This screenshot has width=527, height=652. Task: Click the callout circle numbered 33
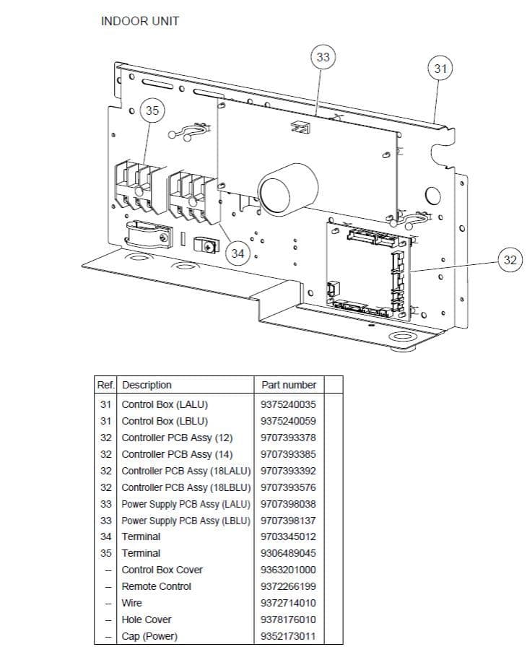point(323,57)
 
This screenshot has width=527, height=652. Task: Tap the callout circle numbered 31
point(440,69)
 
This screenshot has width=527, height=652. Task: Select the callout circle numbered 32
point(510,260)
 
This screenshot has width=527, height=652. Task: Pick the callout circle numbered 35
point(152,110)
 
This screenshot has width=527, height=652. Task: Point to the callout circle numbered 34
point(238,253)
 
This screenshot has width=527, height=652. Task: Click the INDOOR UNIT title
point(140,21)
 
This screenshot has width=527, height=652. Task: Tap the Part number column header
point(288,385)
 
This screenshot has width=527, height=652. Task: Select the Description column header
point(147,385)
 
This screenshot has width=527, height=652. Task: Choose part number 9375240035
point(288,404)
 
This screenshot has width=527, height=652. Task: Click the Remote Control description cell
point(156,586)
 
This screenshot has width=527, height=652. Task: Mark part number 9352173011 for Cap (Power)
point(288,636)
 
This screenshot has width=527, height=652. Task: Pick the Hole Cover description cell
point(147,620)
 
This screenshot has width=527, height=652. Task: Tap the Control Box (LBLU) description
point(165,421)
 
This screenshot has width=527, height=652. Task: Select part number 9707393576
point(288,487)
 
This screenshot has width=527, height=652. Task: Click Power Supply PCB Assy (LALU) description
point(186,504)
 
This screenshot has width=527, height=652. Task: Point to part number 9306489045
point(288,553)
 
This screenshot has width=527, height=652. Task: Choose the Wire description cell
point(132,603)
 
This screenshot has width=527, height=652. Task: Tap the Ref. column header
point(106,385)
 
